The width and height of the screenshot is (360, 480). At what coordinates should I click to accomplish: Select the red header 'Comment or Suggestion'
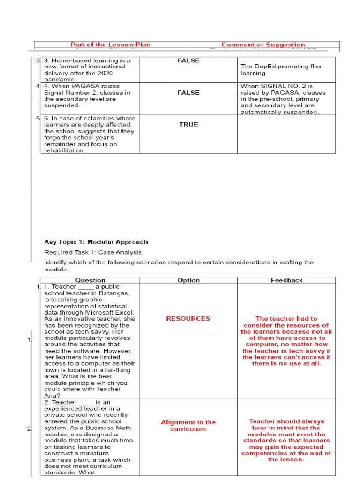point(263,45)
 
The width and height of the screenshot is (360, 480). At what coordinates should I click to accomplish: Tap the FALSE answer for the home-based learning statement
point(188,60)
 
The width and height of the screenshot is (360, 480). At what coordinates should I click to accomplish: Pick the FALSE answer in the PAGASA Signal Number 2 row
point(188,93)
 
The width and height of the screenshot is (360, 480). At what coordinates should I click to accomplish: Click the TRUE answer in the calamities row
point(188,125)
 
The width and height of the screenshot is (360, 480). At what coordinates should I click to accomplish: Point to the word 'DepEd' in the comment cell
point(260,67)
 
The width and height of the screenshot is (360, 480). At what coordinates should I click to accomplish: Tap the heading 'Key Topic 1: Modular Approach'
point(96,242)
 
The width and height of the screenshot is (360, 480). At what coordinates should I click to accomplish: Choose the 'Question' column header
point(90,280)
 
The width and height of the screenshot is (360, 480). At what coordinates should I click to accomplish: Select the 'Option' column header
point(188,280)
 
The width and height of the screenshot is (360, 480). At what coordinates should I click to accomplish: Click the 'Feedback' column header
point(286,280)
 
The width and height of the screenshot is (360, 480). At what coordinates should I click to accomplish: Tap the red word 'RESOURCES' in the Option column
point(188,319)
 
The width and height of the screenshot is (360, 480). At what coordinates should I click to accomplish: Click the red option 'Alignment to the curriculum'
point(188,426)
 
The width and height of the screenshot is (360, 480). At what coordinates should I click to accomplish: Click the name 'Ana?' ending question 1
point(50,395)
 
